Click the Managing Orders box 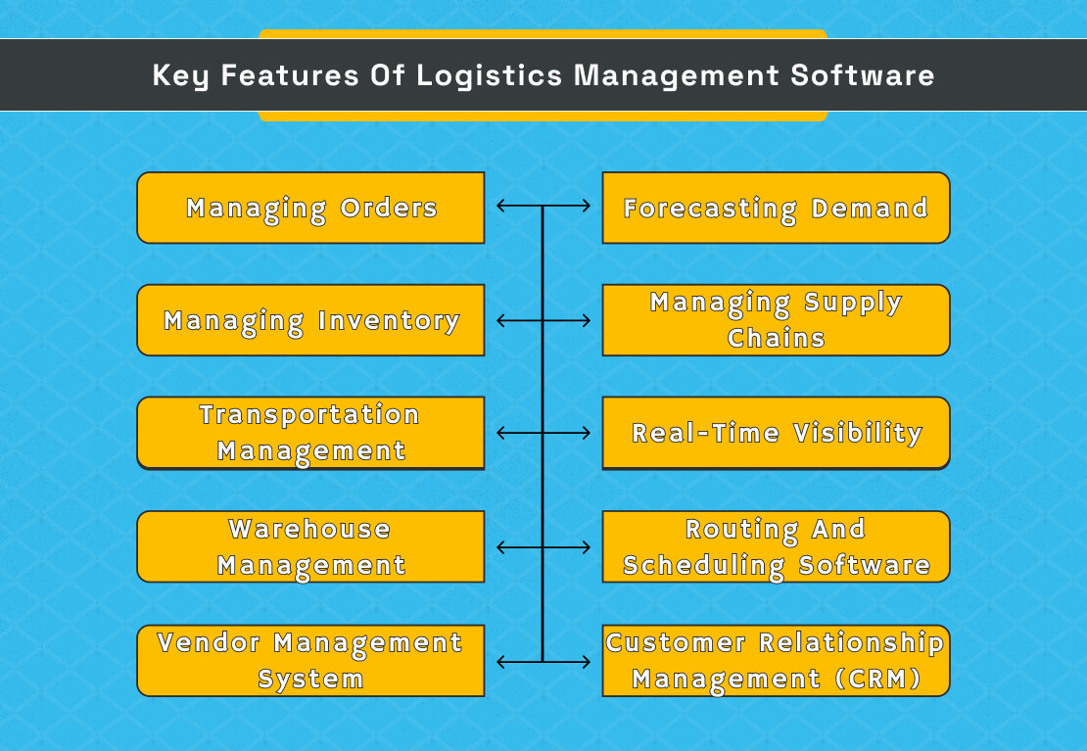coord(310,208)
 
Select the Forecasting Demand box coord(776,208)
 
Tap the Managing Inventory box coord(310,320)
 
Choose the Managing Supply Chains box coord(776,320)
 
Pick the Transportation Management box coord(310,433)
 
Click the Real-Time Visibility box coord(776,433)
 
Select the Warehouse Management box coord(310,546)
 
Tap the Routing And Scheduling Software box coord(776,546)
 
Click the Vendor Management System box coord(310,661)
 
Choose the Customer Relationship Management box coord(776,661)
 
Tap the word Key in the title coord(181,76)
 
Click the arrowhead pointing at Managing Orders coord(500,207)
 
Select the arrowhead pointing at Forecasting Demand coord(586,207)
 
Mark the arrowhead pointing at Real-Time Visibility coord(586,433)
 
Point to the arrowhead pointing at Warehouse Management coord(500,546)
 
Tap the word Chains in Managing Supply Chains coord(776,339)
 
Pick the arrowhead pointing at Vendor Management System coord(500,662)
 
